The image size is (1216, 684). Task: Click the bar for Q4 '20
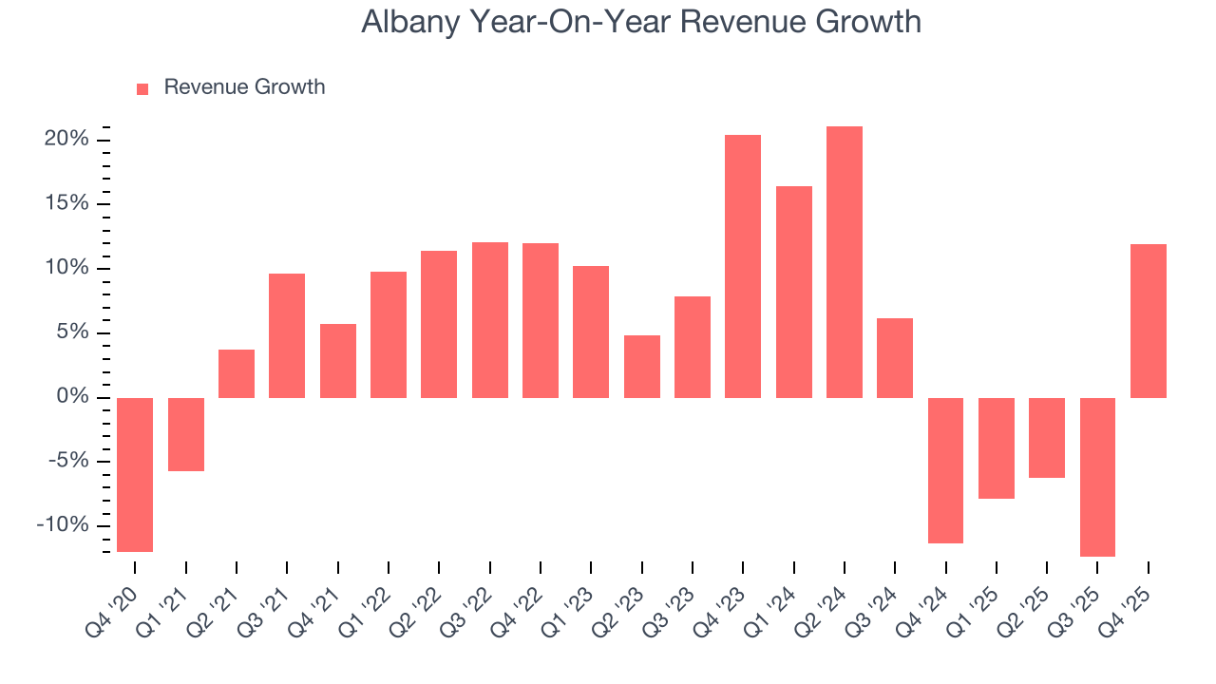[135, 474]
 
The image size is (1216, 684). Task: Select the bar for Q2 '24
[845, 261]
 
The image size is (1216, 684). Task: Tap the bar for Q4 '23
[743, 266]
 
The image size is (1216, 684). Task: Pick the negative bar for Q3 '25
[1097, 477]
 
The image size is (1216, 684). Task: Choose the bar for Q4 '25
[1149, 320]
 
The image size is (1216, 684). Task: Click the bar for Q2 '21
[237, 373]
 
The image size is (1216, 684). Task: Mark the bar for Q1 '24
[794, 292]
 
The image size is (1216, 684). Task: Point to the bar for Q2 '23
[642, 366]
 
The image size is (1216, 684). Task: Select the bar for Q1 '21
[186, 434]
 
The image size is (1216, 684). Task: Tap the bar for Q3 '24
[895, 357]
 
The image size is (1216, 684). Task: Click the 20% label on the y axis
[66, 140]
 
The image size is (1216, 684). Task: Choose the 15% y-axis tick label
[66, 204]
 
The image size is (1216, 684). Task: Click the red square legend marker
[142, 88]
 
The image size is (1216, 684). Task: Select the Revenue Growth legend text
[244, 87]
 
